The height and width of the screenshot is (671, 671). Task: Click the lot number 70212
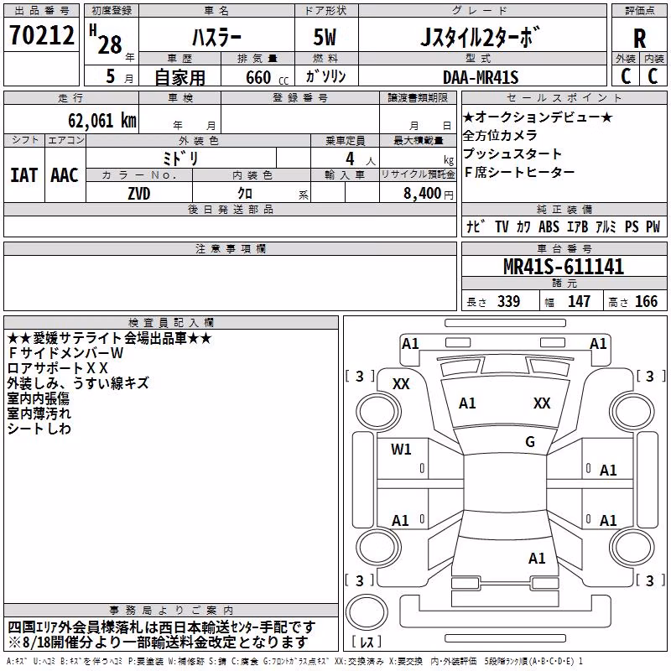coord(41,35)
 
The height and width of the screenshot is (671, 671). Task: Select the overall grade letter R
coord(639,39)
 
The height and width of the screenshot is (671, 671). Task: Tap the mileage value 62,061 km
coord(102,121)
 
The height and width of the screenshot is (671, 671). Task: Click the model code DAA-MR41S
coord(481,77)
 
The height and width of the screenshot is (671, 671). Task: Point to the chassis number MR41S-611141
coord(564,267)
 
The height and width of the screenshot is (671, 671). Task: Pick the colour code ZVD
coord(139,194)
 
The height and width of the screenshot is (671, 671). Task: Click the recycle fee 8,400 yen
coord(429,194)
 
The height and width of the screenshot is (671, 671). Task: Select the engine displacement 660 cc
coord(267,77)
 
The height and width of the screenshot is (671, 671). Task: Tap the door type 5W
coord(325,37)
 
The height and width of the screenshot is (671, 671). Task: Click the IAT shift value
coord(24,175)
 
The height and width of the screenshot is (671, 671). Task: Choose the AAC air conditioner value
coord(65,175)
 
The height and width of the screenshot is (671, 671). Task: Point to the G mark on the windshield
coord(530,441)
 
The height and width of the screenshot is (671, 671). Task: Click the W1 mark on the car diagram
coord(401,449)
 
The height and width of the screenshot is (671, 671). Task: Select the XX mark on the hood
coord(542,403)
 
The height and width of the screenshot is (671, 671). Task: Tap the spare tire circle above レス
coord(367,611)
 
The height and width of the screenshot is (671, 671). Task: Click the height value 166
coord(646,301)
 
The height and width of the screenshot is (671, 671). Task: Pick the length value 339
coord(509,301)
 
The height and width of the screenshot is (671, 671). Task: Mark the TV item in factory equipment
coord(502,226)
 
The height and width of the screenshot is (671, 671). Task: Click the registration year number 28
coord(110,44)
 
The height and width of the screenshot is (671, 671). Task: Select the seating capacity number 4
coord(350,159)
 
